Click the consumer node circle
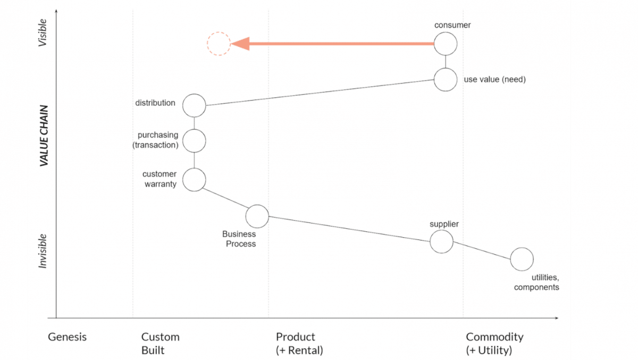coord(446,44)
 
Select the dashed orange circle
coord(219,44)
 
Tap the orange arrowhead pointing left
coord(240,44)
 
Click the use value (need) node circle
coord(446,80)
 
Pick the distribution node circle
coord(194,105)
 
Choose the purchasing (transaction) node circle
coord(194,141)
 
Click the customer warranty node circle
coord(194,180)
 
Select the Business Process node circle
coord(257,216)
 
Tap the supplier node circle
coord(441,241)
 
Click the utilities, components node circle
coord(522,259)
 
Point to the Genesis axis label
coord(67,337)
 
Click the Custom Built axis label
coord(160,344)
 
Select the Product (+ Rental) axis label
coord(299,344)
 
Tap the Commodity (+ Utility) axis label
coord(494,344)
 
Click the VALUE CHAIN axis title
coord(45,136)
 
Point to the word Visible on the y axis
coord(43,33)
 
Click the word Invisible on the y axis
coord(43,250)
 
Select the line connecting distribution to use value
coord(319,93)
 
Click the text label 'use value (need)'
coord(494,80)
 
